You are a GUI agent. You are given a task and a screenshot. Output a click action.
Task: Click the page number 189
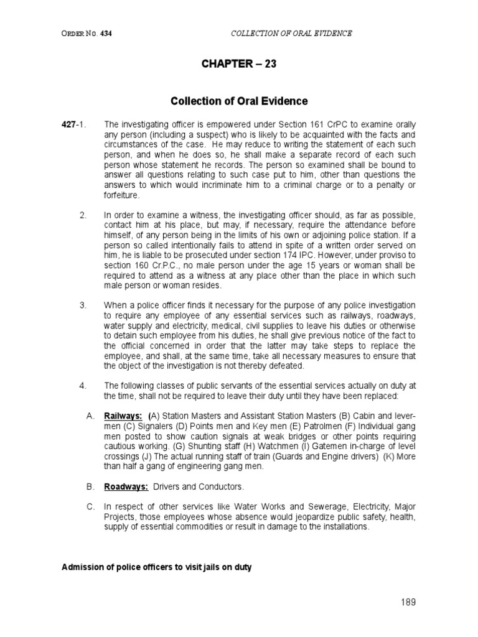[408, 602]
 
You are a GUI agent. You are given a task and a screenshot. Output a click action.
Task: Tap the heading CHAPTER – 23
[239, 64]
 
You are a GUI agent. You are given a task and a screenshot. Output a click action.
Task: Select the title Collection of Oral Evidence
[239, 101]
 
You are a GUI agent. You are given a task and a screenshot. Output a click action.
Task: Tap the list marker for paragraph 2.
[83, 215]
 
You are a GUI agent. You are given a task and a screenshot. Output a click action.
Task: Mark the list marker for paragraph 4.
[83, 385]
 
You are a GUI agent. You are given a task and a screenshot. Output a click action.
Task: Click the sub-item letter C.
[90, 507]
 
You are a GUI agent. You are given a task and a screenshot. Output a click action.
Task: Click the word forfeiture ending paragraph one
[122, 195]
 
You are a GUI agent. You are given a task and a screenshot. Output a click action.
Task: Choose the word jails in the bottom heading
[202, 567]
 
